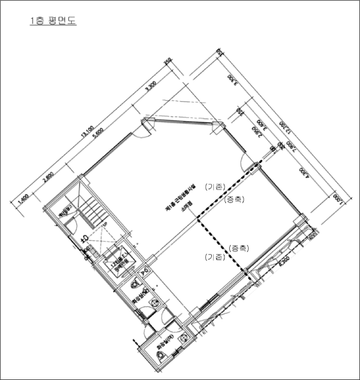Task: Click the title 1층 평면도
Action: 53,22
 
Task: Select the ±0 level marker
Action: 85,239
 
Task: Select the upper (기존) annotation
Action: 214,187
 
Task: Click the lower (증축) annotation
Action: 239,249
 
